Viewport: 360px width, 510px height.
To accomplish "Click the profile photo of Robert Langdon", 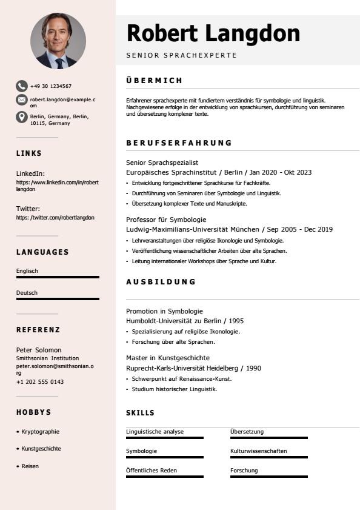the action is [58, 41].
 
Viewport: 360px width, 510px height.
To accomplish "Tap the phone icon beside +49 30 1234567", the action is [22, 86].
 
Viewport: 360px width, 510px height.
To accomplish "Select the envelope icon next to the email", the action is [22, 99].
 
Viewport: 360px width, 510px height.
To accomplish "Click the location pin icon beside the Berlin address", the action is [22, 116].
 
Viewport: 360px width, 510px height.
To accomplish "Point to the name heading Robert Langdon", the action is [213, 33].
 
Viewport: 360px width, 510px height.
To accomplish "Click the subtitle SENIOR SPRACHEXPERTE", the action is [181, 55].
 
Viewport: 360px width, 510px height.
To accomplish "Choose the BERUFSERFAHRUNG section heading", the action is [179, 143].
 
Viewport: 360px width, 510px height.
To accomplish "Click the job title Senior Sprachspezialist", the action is [162, 163].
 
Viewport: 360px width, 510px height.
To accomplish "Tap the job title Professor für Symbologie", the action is [166, 220].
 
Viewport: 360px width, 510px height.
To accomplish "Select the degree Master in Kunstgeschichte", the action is [168, 358].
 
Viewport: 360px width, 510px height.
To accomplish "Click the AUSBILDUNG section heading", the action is [161, 281].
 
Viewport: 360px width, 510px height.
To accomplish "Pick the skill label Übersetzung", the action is [247, 432].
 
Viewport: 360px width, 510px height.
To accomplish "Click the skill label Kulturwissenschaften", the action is [258, 451].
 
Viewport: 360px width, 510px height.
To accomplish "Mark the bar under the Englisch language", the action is [58, 277].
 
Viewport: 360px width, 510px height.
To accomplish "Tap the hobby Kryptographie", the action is [41, 432].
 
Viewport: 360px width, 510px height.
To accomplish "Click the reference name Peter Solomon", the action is [39, 350].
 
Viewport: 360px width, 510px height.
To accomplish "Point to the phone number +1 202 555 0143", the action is [40, 382].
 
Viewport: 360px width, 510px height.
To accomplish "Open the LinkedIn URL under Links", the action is [57, 186].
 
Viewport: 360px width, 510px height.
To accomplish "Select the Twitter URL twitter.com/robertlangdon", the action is [55, 218].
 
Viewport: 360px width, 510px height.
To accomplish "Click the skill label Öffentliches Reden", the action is [152, 471].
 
